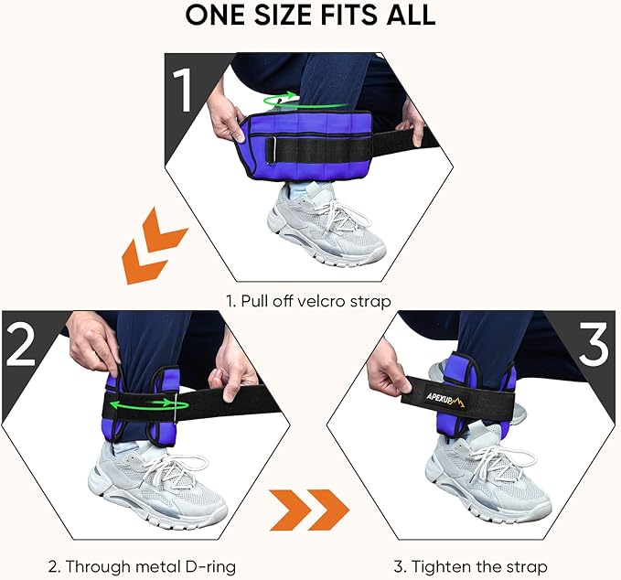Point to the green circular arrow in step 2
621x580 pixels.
click(151, 403)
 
